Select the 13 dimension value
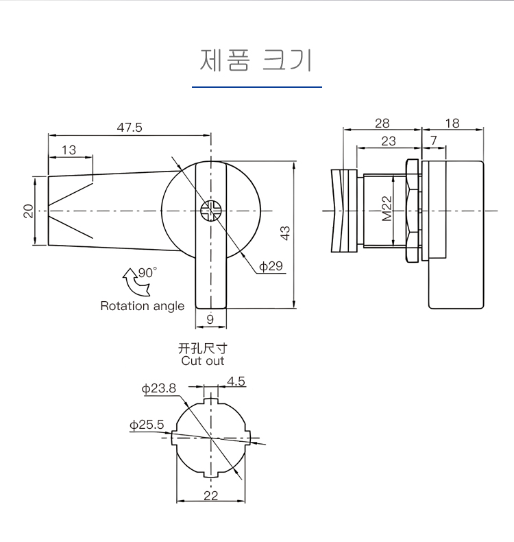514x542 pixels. [x=69, y=150]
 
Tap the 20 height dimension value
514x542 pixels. [x=28, y=211]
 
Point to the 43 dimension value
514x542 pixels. [x=285, y=233]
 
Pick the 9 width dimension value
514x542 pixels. [x=210, y=318]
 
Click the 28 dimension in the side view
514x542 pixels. [x=382, y=123]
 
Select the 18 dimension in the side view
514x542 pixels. [x=452, y=123]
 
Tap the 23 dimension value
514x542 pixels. [x=388, y=141]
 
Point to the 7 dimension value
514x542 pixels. [x=432, y=141]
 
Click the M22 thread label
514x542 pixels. [x=387, y=209]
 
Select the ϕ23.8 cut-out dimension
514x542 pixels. [x=159, y=388]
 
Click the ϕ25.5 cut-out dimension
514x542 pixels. [x=147, y=425]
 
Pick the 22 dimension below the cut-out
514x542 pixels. [x=211, y=495]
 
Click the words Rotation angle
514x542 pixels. [x=143, y=306]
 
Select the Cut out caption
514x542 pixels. [x=203, y=361]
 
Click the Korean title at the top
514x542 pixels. [x=256, y=61]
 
